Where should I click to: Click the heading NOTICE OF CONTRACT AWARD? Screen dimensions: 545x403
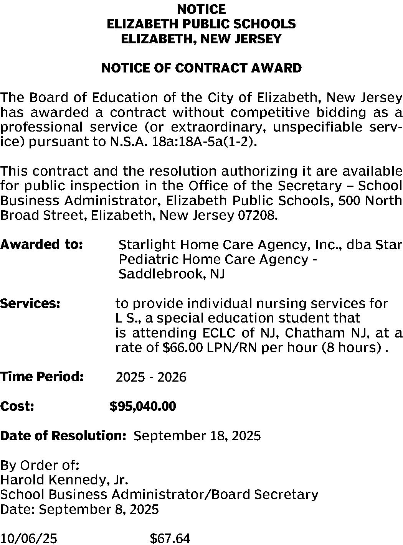201,68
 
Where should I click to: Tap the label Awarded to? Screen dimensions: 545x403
41,244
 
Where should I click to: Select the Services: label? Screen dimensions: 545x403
30,303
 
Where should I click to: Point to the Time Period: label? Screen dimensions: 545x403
42,377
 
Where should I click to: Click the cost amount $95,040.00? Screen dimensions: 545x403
143,406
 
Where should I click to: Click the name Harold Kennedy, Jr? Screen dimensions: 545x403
64,480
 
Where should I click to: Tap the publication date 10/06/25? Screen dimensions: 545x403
29,538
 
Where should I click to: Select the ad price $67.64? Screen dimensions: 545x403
170,538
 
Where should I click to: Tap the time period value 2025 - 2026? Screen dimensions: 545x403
151,377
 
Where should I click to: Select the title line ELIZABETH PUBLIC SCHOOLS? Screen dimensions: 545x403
201,24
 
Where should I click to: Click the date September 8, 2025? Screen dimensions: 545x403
99,509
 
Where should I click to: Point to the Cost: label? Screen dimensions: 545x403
17,406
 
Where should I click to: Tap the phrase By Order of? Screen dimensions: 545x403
40,465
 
